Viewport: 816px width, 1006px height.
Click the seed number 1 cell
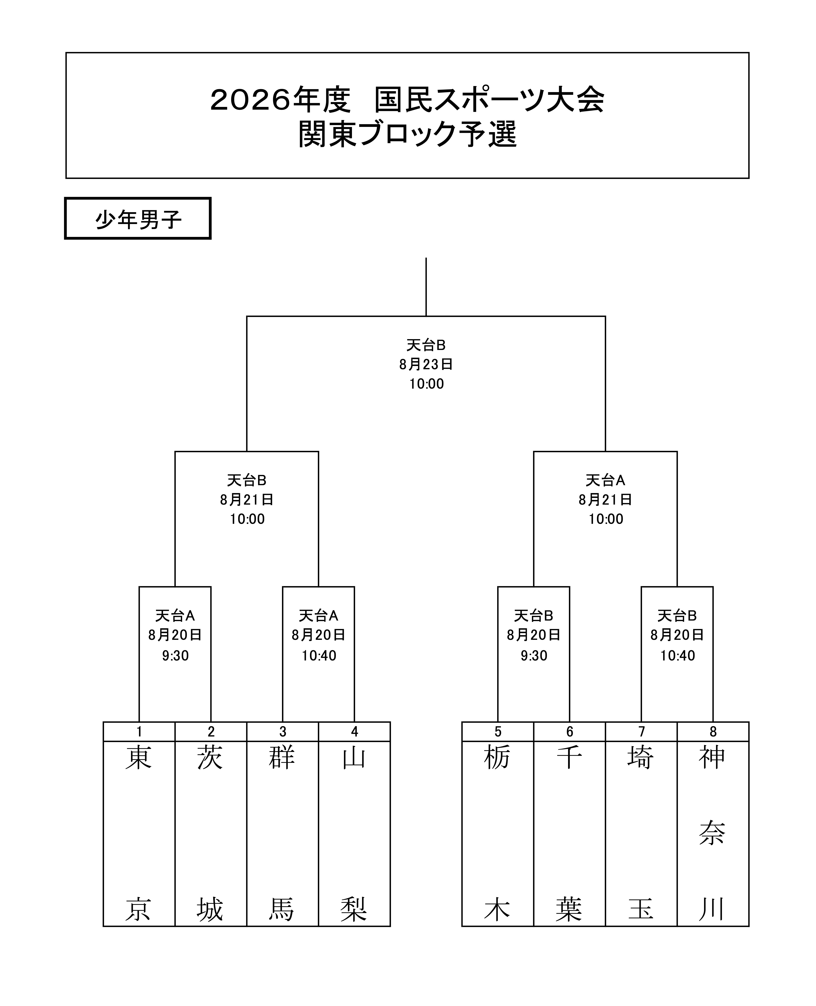(139, 732)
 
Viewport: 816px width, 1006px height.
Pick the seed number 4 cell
(354, 732)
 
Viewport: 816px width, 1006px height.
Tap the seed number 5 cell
(498, 732)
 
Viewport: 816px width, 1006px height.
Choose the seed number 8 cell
(713, 732)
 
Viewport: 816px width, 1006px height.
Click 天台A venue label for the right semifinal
(605, 480)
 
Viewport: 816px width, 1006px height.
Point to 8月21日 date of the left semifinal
(247, 499)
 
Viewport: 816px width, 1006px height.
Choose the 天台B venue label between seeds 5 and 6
(534, 616)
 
